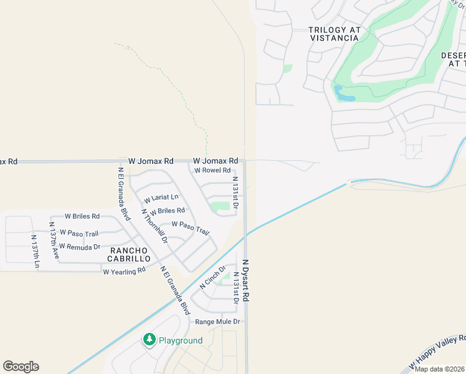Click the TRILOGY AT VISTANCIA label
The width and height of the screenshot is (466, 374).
[334, 34]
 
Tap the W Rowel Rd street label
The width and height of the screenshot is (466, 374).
[212, 170]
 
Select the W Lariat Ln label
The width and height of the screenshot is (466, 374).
[161, 198]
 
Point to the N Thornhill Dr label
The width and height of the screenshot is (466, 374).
[155, 225]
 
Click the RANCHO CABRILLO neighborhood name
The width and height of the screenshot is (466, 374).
[129, 253]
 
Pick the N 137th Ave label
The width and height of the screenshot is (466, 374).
[55, 240]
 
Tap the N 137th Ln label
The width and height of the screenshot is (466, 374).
[36, 251]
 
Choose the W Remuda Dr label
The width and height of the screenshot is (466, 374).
[80, 247]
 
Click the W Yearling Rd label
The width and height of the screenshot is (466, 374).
[124, 271]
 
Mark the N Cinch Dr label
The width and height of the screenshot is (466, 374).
[212, 277]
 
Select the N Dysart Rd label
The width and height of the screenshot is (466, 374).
[245, 281]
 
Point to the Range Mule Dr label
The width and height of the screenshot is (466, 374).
[217, 322]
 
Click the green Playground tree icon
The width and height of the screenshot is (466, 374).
[149, 340]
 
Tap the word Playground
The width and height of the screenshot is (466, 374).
[181, 340]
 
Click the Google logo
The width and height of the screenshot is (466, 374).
[21, 367]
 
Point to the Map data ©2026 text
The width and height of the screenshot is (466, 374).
[440, 369]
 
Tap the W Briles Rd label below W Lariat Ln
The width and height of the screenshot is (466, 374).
[167, 211]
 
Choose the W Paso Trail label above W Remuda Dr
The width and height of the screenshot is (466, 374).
[79, 234]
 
